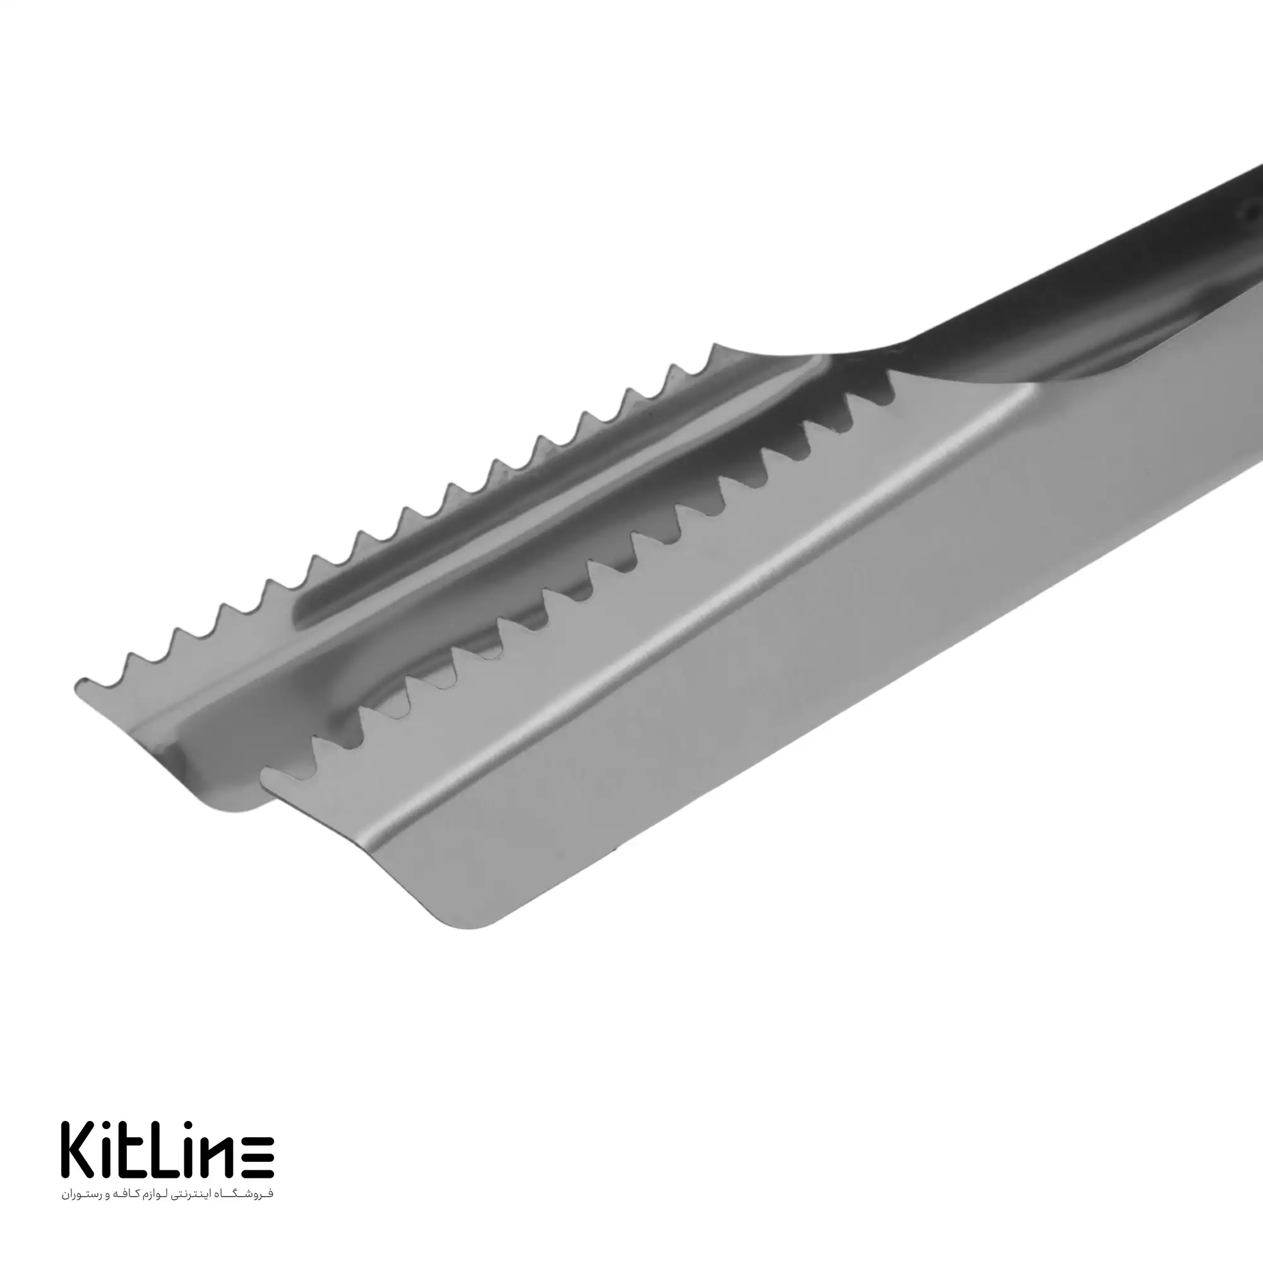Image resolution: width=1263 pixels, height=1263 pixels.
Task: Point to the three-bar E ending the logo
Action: [x=258, y=1158]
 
